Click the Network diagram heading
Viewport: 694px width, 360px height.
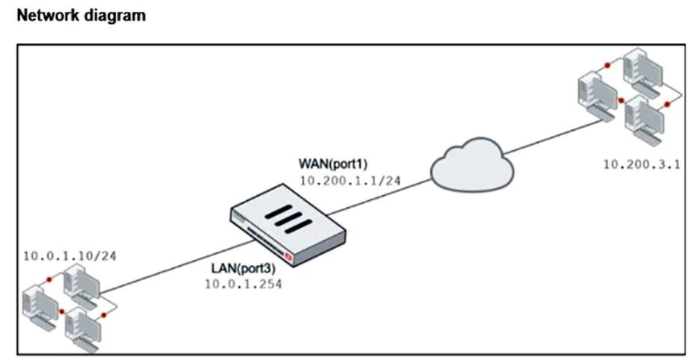(81, 16)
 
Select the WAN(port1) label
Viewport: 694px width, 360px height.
(333, 164)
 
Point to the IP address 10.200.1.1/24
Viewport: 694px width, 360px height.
(350, 181)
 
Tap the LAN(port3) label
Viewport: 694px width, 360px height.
(243, 268)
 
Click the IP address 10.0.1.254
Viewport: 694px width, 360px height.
(243, 284)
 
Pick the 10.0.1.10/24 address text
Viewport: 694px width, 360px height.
(69, 256)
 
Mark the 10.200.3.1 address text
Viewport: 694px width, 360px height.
(642, 164)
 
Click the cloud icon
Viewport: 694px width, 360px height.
(472, 164)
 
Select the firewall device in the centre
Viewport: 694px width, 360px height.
(288, 225)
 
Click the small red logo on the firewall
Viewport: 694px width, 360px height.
(289, 256)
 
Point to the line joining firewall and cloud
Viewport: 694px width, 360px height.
(380, 197)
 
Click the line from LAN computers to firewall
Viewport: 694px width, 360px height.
(177, 267)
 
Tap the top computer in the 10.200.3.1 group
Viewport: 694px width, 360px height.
(643, 72)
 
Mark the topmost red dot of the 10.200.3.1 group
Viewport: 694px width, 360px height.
(607, 66)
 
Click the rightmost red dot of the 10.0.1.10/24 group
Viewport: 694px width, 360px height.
(104, 315)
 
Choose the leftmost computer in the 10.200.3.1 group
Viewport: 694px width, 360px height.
(598, 96)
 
